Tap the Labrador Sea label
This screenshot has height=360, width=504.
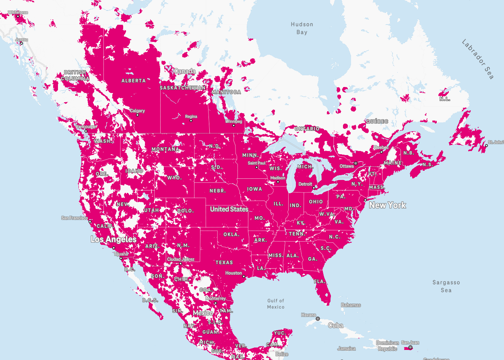point(477,59)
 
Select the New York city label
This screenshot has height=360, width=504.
point(387,205)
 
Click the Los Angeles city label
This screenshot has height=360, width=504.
point(114,239)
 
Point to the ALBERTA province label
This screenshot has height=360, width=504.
point(134,81)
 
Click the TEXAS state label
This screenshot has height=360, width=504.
point(224,263)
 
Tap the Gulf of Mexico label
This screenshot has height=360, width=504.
point(276,304)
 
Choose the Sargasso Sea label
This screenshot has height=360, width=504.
point(446,286)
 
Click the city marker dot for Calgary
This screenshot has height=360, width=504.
point(137,115)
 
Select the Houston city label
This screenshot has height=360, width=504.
point(233,273)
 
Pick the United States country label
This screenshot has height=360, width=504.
point(229,209)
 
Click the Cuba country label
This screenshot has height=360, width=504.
point(335,325)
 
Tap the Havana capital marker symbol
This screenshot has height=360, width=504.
point(318,319)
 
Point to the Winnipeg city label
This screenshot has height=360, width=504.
point(234,121)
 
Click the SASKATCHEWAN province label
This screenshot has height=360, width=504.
point(183,87)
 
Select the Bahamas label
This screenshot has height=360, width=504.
point(351,305)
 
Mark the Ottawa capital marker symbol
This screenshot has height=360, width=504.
point(355,163)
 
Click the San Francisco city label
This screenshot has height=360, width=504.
point(74,218)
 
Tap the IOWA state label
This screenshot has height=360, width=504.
point(254,189)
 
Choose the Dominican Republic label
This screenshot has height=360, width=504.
point(387,346)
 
